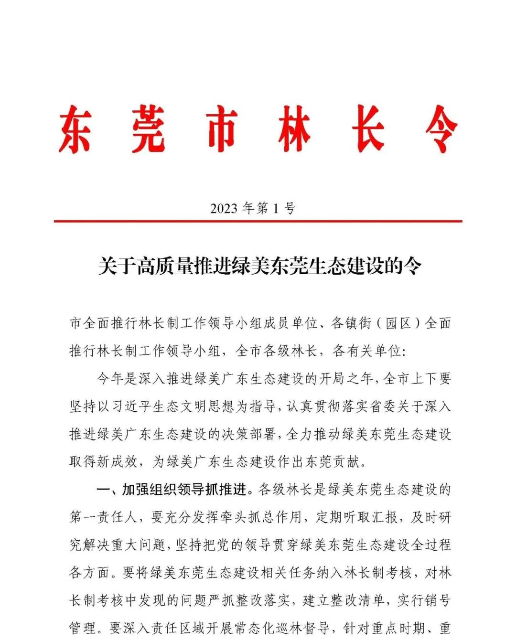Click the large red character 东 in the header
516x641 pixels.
pyautogui.click(x=75, y=129)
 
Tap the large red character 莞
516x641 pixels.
pyautogui.click(x=148, y=129)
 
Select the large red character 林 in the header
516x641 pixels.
pyautogui.click(x=294, y=129)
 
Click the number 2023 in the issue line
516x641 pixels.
pyautogui.click(x=224, y=209)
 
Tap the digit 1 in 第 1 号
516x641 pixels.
pyautogui.click(x=276, y=209)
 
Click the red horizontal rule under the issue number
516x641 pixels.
pyautogui.click(x=258, y=221)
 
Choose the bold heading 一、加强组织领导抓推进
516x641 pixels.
pyautogui.click(x=172, y=490)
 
